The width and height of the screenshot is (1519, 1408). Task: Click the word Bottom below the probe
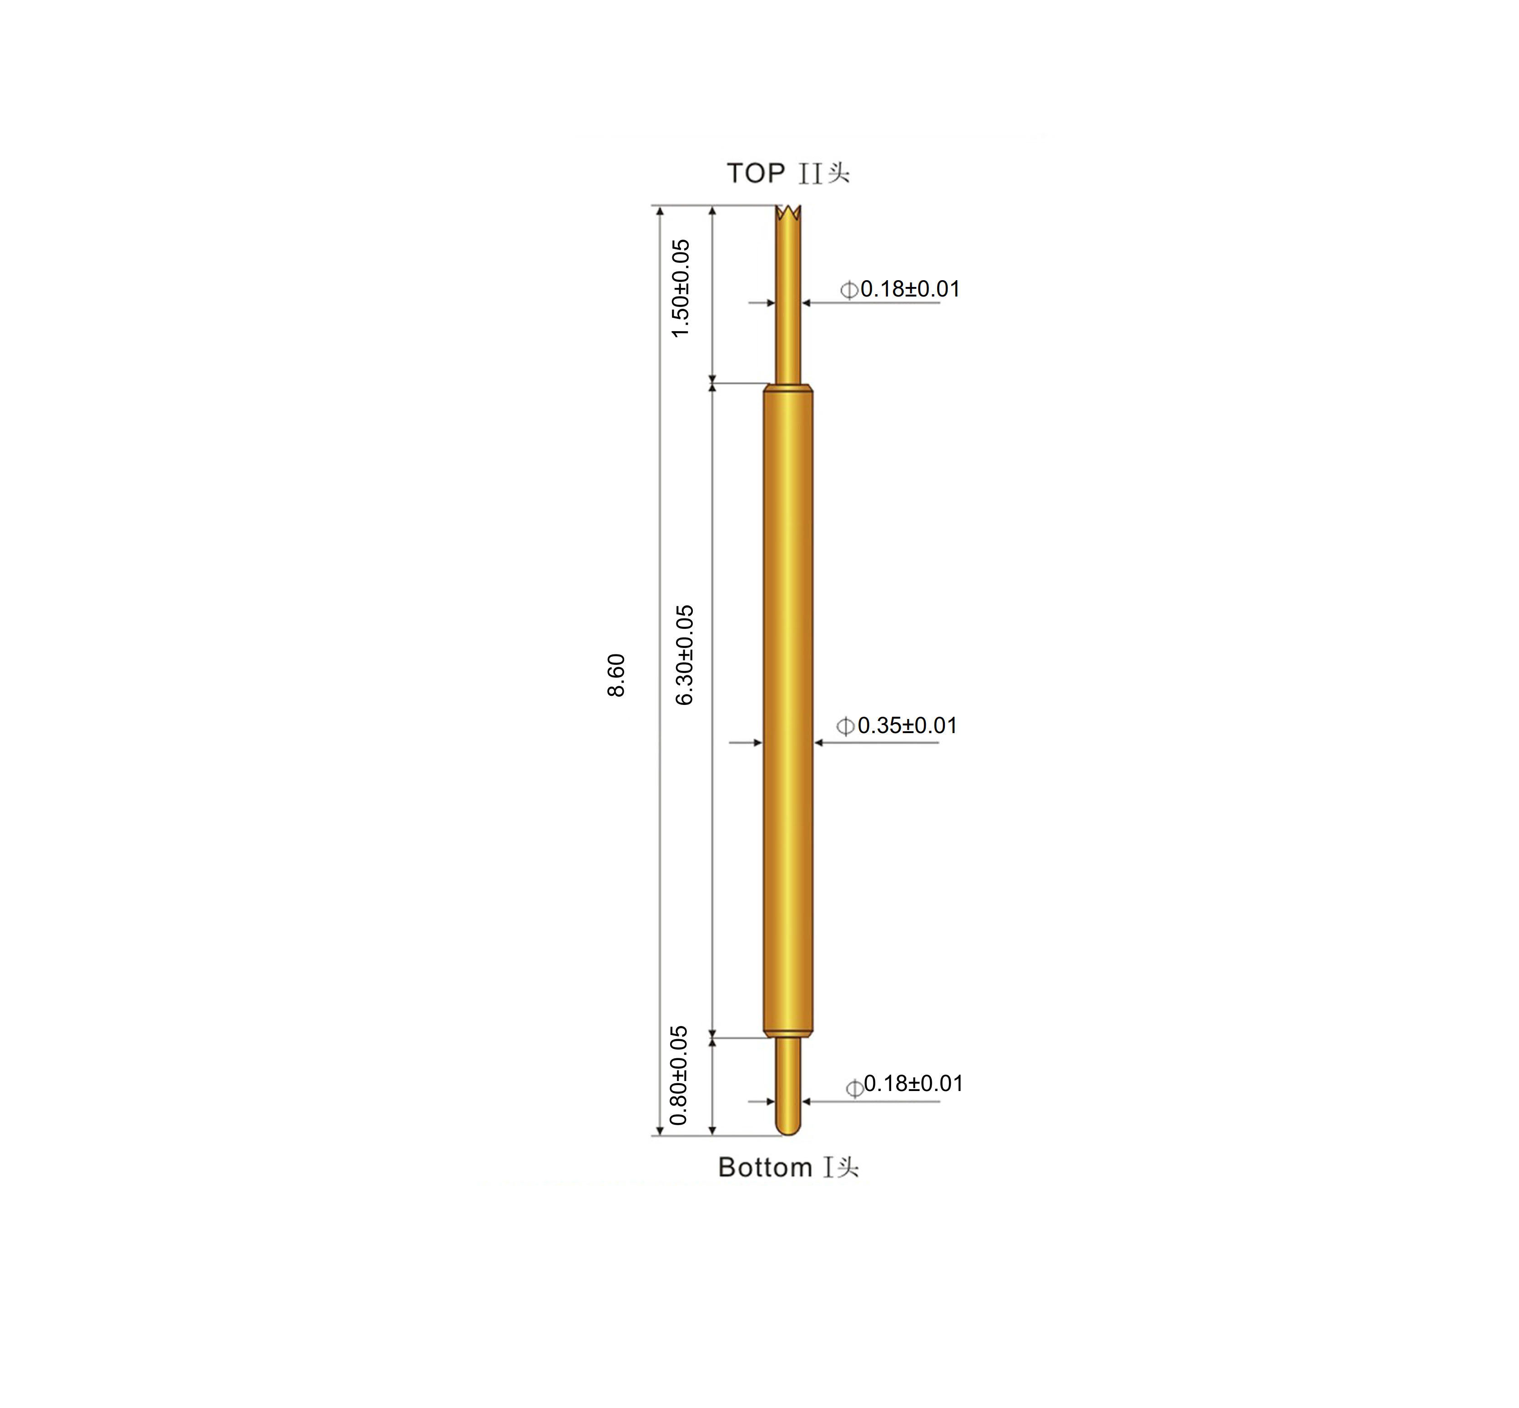[x=764, y=1167]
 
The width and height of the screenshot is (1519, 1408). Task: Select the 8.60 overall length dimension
[x=616, y=675]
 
